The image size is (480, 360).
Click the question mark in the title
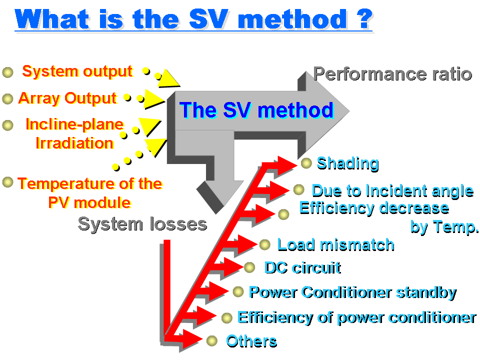[364, 19]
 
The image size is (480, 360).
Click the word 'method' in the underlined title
[292, 19]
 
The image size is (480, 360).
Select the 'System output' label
[77, 72]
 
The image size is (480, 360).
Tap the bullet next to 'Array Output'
[7, 99]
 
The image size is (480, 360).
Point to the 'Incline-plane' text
[74, 124]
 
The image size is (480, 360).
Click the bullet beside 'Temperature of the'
[7, 182]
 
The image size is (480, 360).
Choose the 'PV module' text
[89, 202]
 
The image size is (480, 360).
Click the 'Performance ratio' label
[393, 74]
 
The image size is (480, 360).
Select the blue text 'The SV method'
[256, 110]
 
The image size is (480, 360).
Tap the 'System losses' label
[142, 224]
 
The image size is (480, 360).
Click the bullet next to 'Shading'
[306, 163]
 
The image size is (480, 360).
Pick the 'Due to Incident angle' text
[393, 191]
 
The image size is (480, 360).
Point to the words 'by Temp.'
[444, 227]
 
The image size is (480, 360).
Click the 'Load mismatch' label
[336, 245]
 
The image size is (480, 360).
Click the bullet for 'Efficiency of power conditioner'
[227, 318]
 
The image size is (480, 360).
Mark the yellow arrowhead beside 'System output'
[168, 79]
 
